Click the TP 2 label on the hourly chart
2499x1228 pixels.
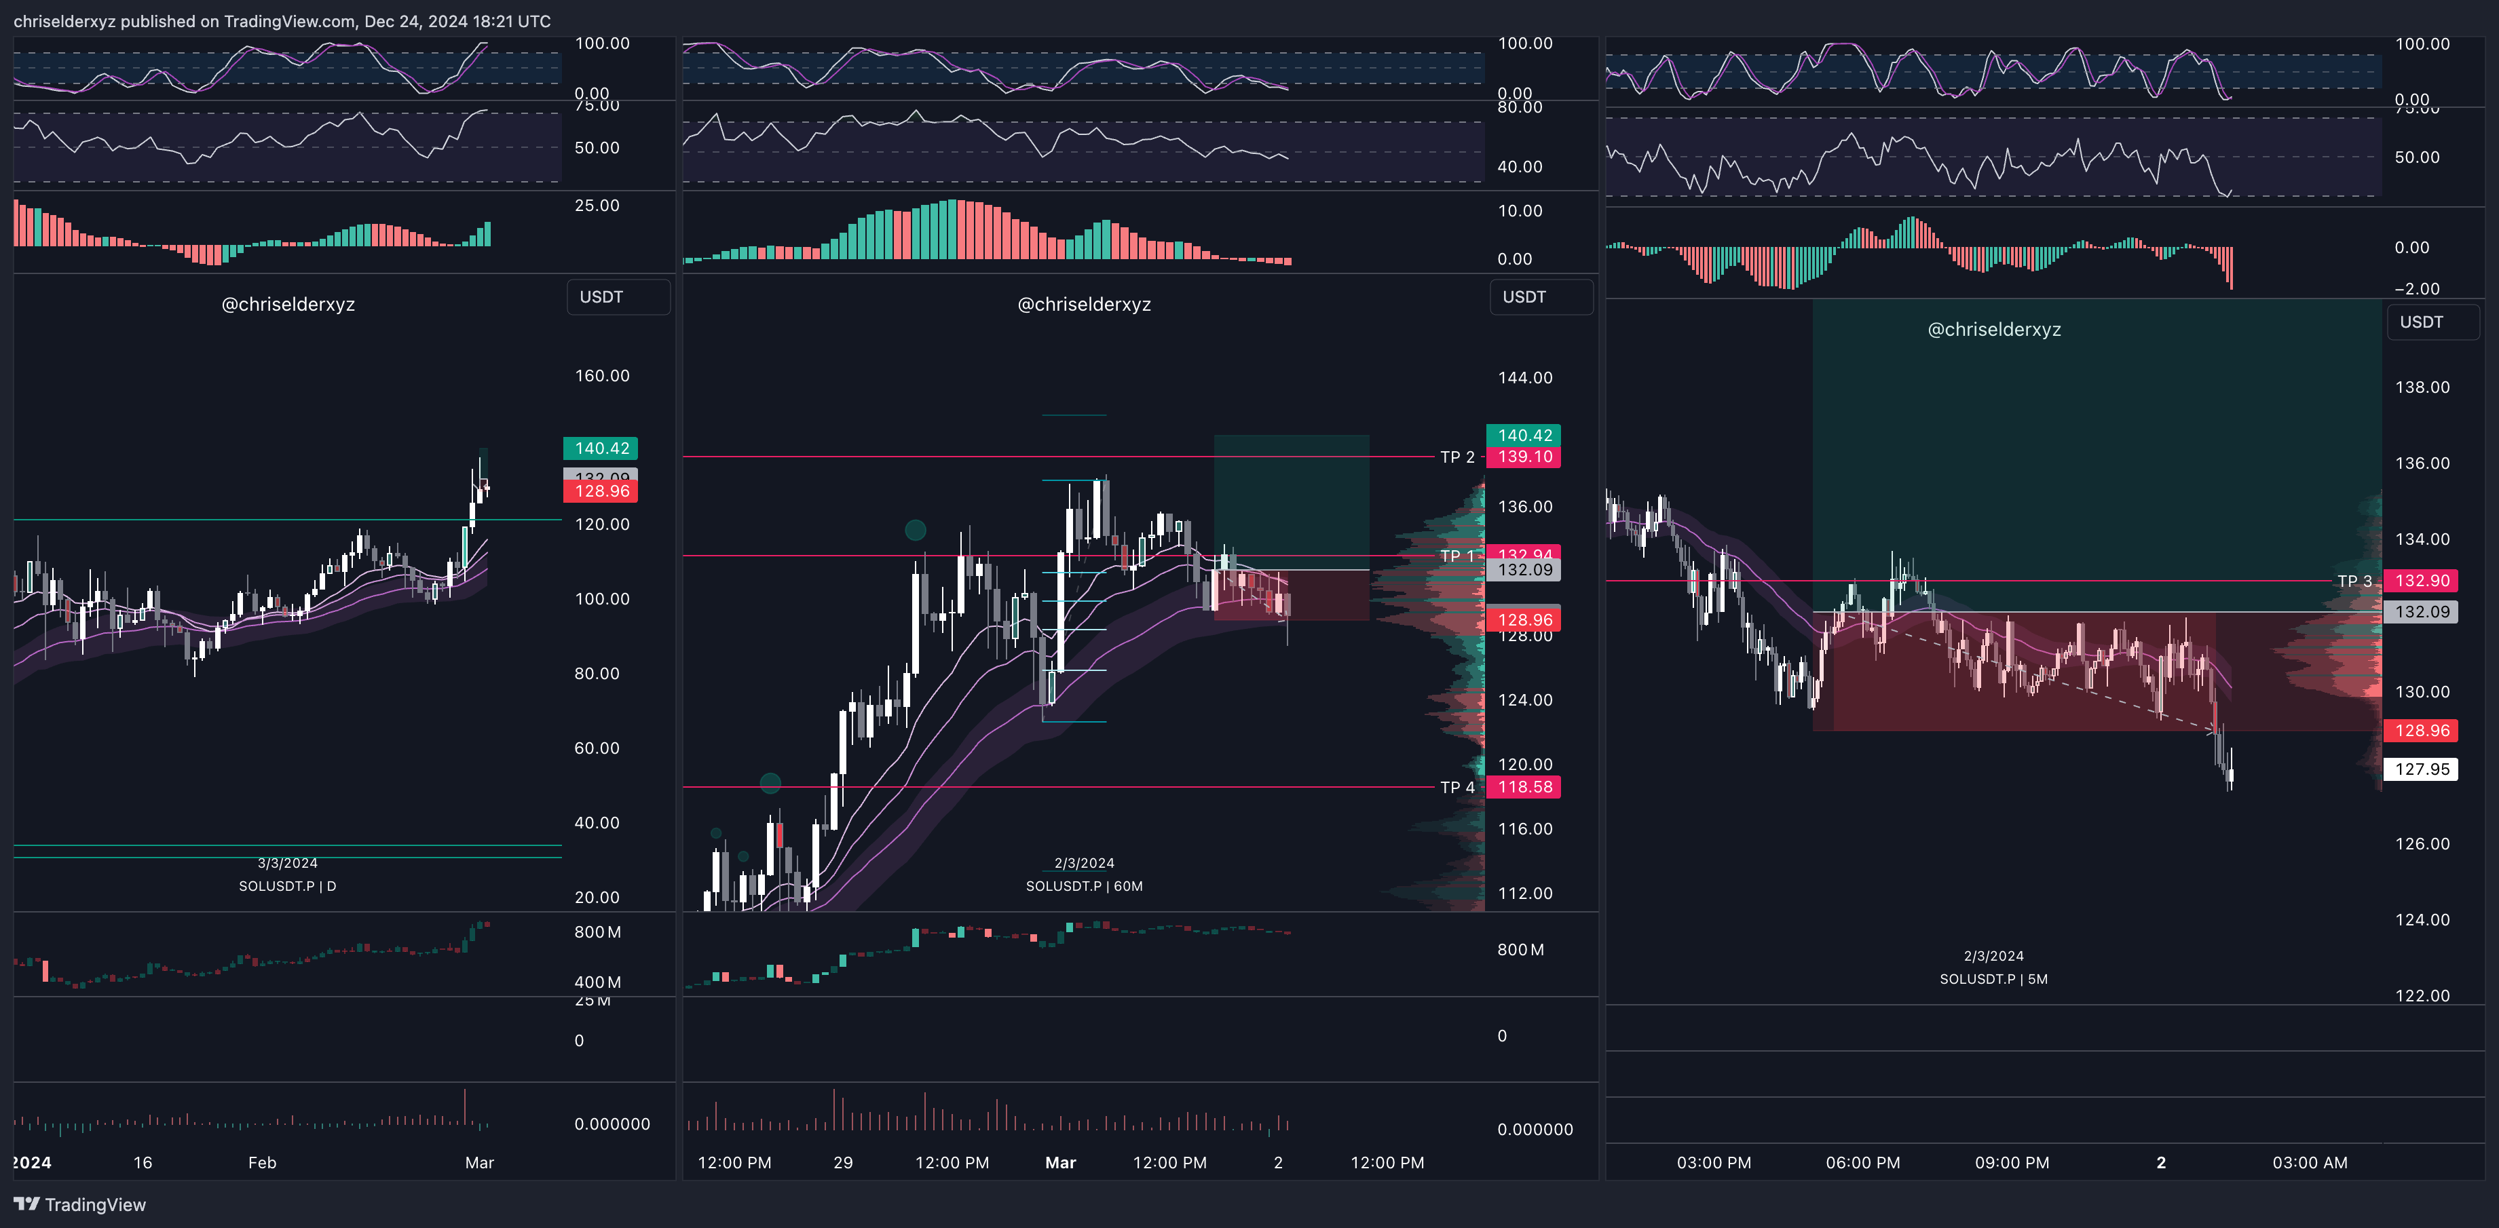(x=1456, y=457)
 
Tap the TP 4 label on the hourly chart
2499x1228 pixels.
(x=1456, y=788)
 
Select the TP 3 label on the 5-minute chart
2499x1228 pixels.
(x=2354, y=581)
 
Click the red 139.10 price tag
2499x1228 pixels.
(x=1524, y=457)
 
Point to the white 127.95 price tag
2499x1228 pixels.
(x=2422, y=769)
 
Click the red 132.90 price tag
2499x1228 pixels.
(x=2422, y=581)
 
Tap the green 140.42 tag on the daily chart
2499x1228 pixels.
(x=601, y=448)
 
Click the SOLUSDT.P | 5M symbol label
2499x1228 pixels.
(x=1993, y=979)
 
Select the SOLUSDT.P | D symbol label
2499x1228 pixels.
(x=287, y=885)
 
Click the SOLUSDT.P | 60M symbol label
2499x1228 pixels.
(x=1084, y=885)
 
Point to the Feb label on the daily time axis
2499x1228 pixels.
(x=262, y=1162)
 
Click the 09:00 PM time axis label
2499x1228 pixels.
(x=2011, y=1162)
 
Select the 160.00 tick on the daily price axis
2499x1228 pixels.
(x=601, y=375)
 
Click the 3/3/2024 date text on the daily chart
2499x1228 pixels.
(x=287, y=863)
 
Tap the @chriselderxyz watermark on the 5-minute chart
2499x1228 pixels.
(x=1993, y=330)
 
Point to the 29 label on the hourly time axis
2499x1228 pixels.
(x=842, y=1162)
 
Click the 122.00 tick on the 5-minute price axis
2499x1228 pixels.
(x=2422, y=995)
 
